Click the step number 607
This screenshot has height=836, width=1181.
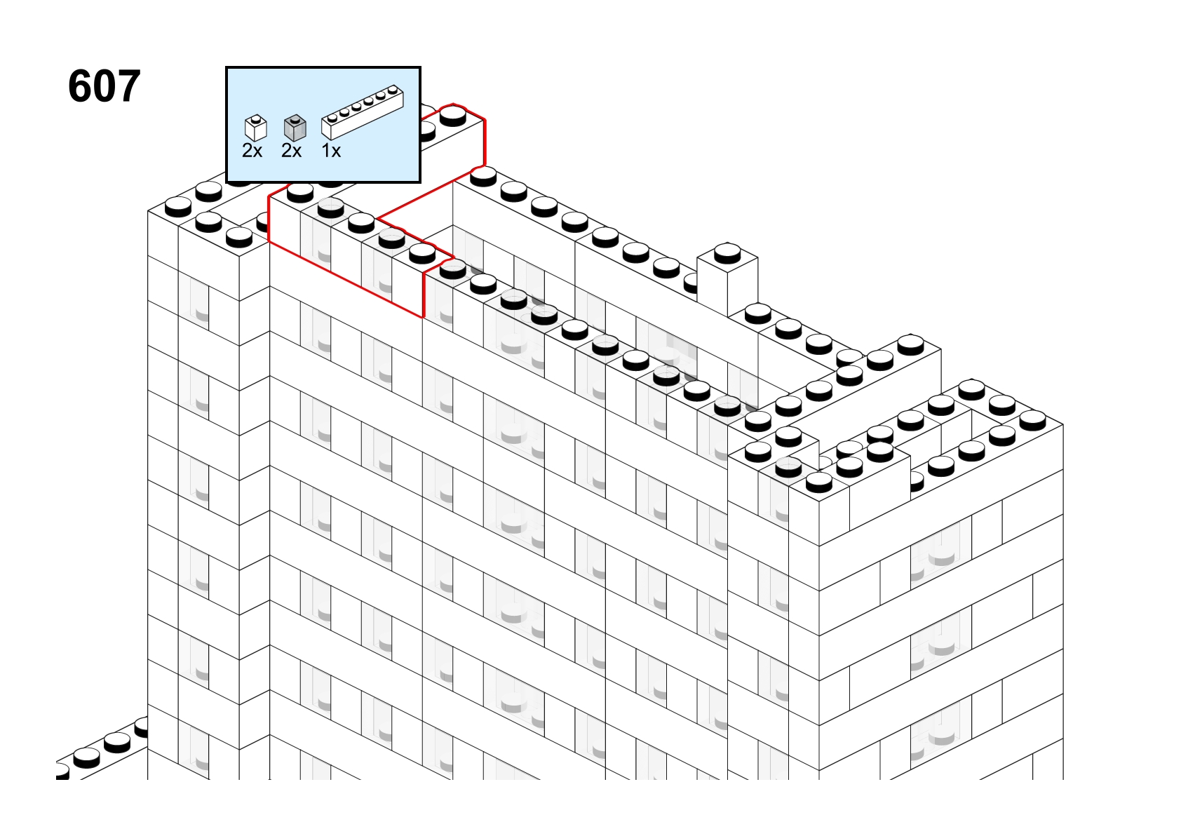click(104, 86)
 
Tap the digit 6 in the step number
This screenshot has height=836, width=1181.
click(80, 86)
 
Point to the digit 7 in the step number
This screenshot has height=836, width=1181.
click(128, 86)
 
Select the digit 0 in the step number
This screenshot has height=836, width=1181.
click(104, 86)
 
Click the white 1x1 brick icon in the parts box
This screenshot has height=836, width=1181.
click(256, 128)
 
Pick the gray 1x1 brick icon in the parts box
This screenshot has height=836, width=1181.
click(295, 128)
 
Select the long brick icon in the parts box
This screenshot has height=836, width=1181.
click(363, 112)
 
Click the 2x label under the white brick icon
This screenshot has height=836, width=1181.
click(252, 151)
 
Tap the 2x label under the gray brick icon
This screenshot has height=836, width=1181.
click(291, 151)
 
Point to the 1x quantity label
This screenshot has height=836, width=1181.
click(331, 151)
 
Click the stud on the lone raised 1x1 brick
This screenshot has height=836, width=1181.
click(727, 254)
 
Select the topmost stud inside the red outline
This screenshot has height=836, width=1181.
click(453, 116)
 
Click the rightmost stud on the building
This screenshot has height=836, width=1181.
click(1032, 420)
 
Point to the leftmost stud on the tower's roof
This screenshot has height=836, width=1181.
click(178, 207)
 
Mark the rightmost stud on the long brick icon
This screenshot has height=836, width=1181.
click(393, 90)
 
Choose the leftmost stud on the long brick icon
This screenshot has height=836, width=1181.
click(332, 117)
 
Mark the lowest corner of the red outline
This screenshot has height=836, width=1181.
click(423, 317)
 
